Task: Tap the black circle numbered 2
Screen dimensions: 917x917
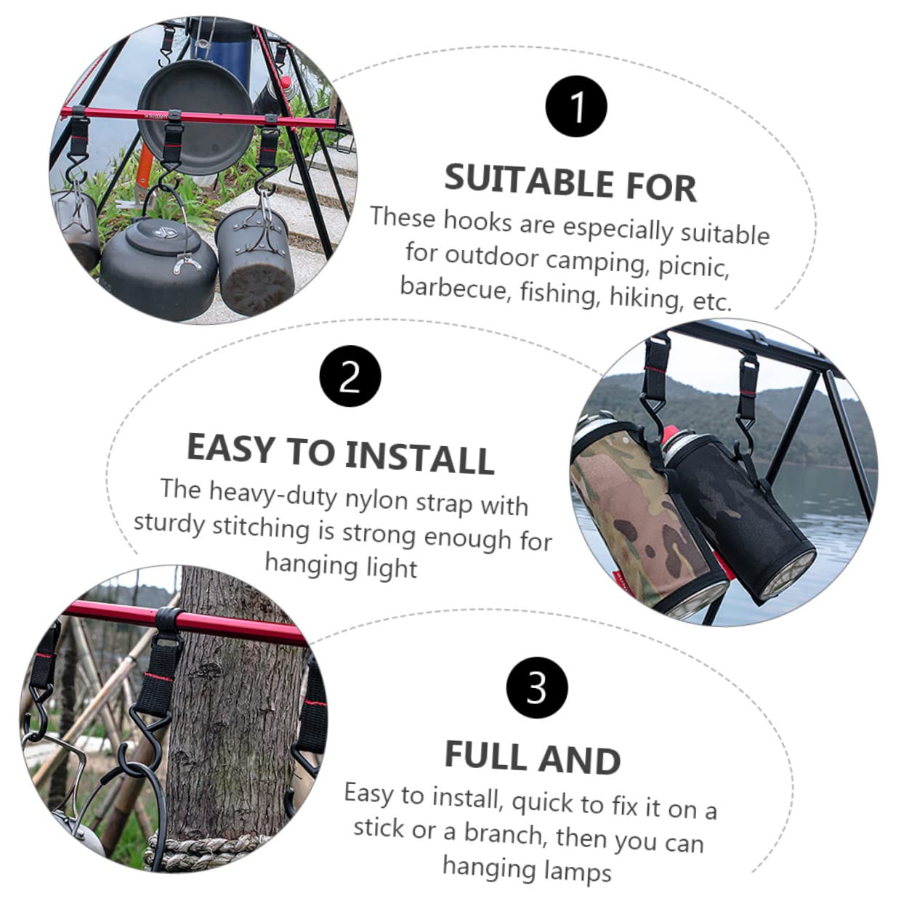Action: [x=350, y=376]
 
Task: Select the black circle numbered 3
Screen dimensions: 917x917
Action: [x=536, y=686]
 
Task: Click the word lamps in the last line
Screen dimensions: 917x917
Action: [x=574, y=870]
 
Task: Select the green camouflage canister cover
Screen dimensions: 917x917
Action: [x=639, y=523]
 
